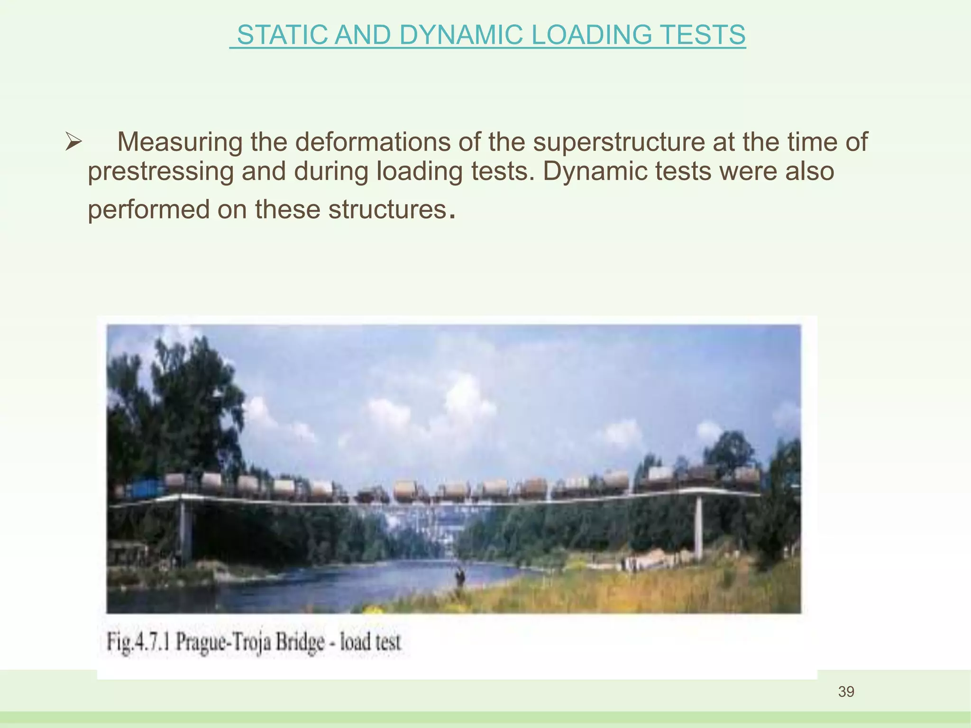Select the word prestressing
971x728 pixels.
161,171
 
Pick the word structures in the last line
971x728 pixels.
388,209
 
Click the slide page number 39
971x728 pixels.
846,692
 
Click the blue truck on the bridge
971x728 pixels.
145,489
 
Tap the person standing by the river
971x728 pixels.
458,576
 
